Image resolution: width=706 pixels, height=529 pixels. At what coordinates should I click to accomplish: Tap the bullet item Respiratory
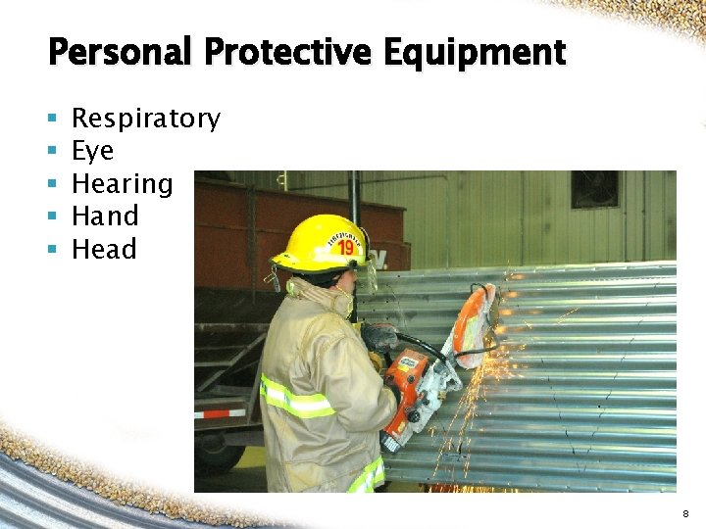tap(146, 120)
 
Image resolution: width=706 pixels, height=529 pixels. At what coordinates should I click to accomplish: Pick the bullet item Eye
tap(93, 152)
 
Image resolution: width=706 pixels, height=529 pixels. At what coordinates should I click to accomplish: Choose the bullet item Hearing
tap(123, 184)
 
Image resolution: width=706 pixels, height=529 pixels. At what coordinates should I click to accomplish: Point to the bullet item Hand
tap(106, 216)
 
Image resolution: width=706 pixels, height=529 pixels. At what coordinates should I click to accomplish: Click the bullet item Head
tap(105, 250)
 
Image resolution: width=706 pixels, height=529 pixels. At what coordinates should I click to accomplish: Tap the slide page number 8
tap(684, 512)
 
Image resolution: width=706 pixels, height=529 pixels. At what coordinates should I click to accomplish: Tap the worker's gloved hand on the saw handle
tap(379, 338)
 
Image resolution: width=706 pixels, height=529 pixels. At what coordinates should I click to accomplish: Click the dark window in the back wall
tap(595, 189)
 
